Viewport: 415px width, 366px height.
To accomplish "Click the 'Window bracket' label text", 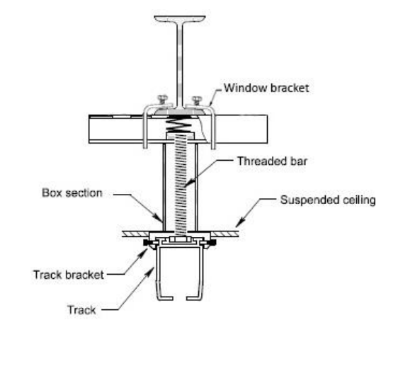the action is [266, 88].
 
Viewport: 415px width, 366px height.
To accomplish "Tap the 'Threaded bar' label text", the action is [272, 161].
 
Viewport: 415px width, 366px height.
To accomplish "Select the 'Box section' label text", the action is [72, 193].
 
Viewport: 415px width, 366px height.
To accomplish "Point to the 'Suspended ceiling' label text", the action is [328, 200].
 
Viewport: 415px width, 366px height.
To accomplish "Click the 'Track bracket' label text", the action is [69, 275].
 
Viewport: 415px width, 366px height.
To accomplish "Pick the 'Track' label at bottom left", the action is [81, 310].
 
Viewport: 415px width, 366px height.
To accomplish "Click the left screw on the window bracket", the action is [162, 100].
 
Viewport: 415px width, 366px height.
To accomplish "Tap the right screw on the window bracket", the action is [197, 101].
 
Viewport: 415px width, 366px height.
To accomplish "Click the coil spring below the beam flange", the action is [178, 124].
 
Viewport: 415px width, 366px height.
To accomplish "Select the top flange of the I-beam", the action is [180, 19].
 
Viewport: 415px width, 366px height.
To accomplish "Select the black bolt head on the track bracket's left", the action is [146, 242].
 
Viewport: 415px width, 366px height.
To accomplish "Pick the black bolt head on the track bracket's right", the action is [212, 242].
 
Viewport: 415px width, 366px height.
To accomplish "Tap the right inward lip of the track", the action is [194, 298].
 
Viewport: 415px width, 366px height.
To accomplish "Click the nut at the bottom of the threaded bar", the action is [181, 240].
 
